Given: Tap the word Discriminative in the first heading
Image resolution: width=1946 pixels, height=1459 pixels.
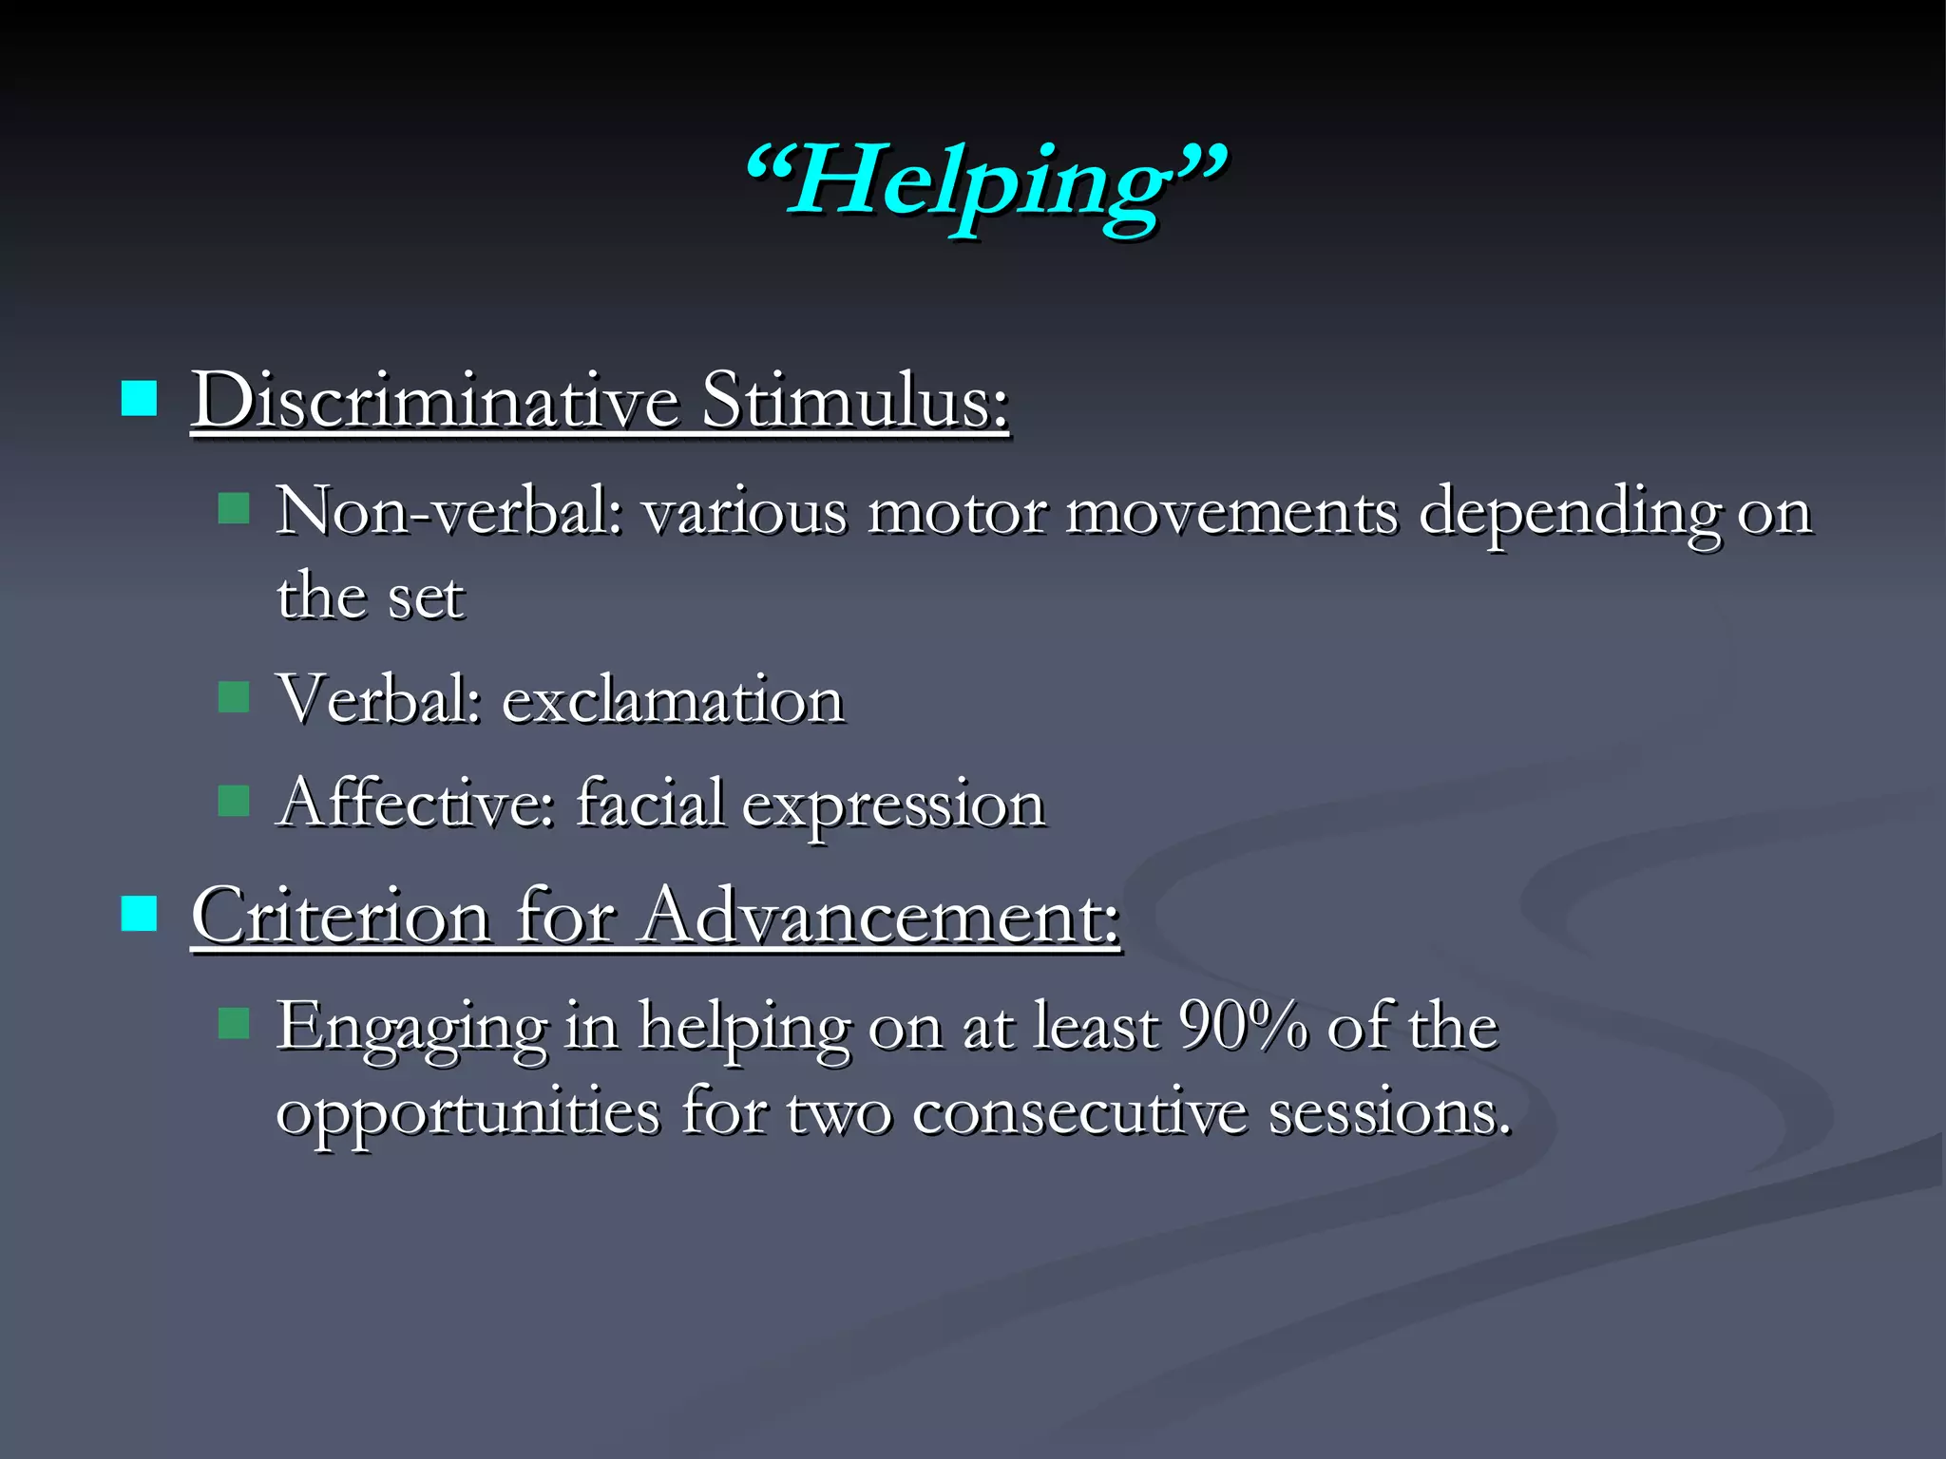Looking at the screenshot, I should pyautogui.click(x=434, y=400).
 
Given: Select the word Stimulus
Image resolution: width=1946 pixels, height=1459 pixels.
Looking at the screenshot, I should pyautogui.click(x=854, y=400).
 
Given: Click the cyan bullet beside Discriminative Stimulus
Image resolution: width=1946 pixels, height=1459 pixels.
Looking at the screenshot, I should pyautogui.click(x=139, y=399).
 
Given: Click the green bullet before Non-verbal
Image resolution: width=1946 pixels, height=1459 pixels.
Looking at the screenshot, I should pyautogui.click(x=233, y=509).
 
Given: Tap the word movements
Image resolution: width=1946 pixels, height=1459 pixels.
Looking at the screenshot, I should pyautogui.click(x=1231, y=513).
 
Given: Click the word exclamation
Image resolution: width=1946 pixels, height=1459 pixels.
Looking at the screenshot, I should pyautogui.click(x=672, y=700).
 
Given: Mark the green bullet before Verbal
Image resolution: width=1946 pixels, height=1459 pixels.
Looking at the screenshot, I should pyautogui.click(x=233, y=697).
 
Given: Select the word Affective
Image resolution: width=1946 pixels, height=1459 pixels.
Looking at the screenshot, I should pyautogui.click(x=415, y=803).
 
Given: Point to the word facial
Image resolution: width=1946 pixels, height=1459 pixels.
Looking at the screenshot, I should pyautogui.click(x=650, y=803).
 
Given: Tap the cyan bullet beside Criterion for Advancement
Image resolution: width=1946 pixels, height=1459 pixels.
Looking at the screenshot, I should pyautogui.click(x=139, y=914).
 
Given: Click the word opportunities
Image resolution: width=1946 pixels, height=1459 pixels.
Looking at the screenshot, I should pyautogui.click(x=467, y=1113).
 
